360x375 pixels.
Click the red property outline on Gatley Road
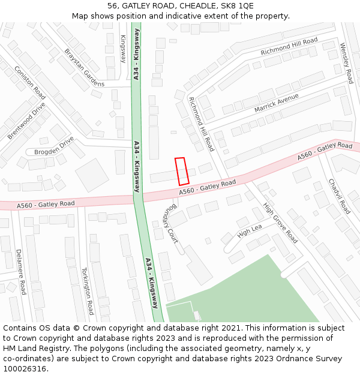click(x=182, y=171)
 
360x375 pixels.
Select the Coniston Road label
click(x=30, y=83)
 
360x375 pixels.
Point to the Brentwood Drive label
click(x=26, y=121)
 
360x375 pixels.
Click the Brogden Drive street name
click(x=54, y=145)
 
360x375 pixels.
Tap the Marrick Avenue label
click(x=277, y=103)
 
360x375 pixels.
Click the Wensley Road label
click(x=346, y=62)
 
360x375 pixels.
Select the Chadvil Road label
click(x=339, y=196)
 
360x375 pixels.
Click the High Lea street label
click(x=250, y=230)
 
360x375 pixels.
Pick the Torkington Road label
click(x=88, y=291)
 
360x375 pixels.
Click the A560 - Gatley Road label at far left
click(x=46, y=205)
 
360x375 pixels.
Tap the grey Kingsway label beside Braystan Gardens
click(x=123, y=49)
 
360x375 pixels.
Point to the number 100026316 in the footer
click(x=25, y=368)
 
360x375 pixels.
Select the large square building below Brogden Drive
click(x=92, y=175)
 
